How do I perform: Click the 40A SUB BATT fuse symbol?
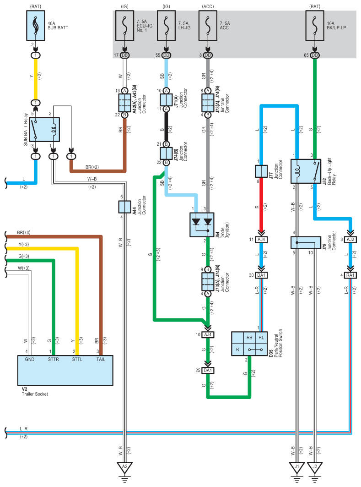coord(36,26)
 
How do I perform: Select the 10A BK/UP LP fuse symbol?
coord(315,26)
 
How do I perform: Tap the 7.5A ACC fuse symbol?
coord(208,26)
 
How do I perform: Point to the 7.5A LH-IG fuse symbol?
coord(166,26)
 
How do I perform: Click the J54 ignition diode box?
coord(202,225)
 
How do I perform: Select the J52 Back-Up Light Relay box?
coord(306,171)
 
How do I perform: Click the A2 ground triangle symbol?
coord(124,467)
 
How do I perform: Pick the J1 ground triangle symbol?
coord(297,467)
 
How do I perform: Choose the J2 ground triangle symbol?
coord(315,467)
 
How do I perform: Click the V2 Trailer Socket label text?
coord(35,392)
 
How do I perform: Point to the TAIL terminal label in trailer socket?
coord(101,359)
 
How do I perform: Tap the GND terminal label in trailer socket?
coord(30,359)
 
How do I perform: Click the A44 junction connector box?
coord(124,207)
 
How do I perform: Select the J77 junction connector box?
coord(261,171)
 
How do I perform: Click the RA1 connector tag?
coord(350,275)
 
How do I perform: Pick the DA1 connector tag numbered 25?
coord(208,371)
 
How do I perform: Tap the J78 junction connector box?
coord(306,242)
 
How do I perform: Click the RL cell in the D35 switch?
coord(261,338)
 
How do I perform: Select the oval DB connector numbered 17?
coord(124,55)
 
